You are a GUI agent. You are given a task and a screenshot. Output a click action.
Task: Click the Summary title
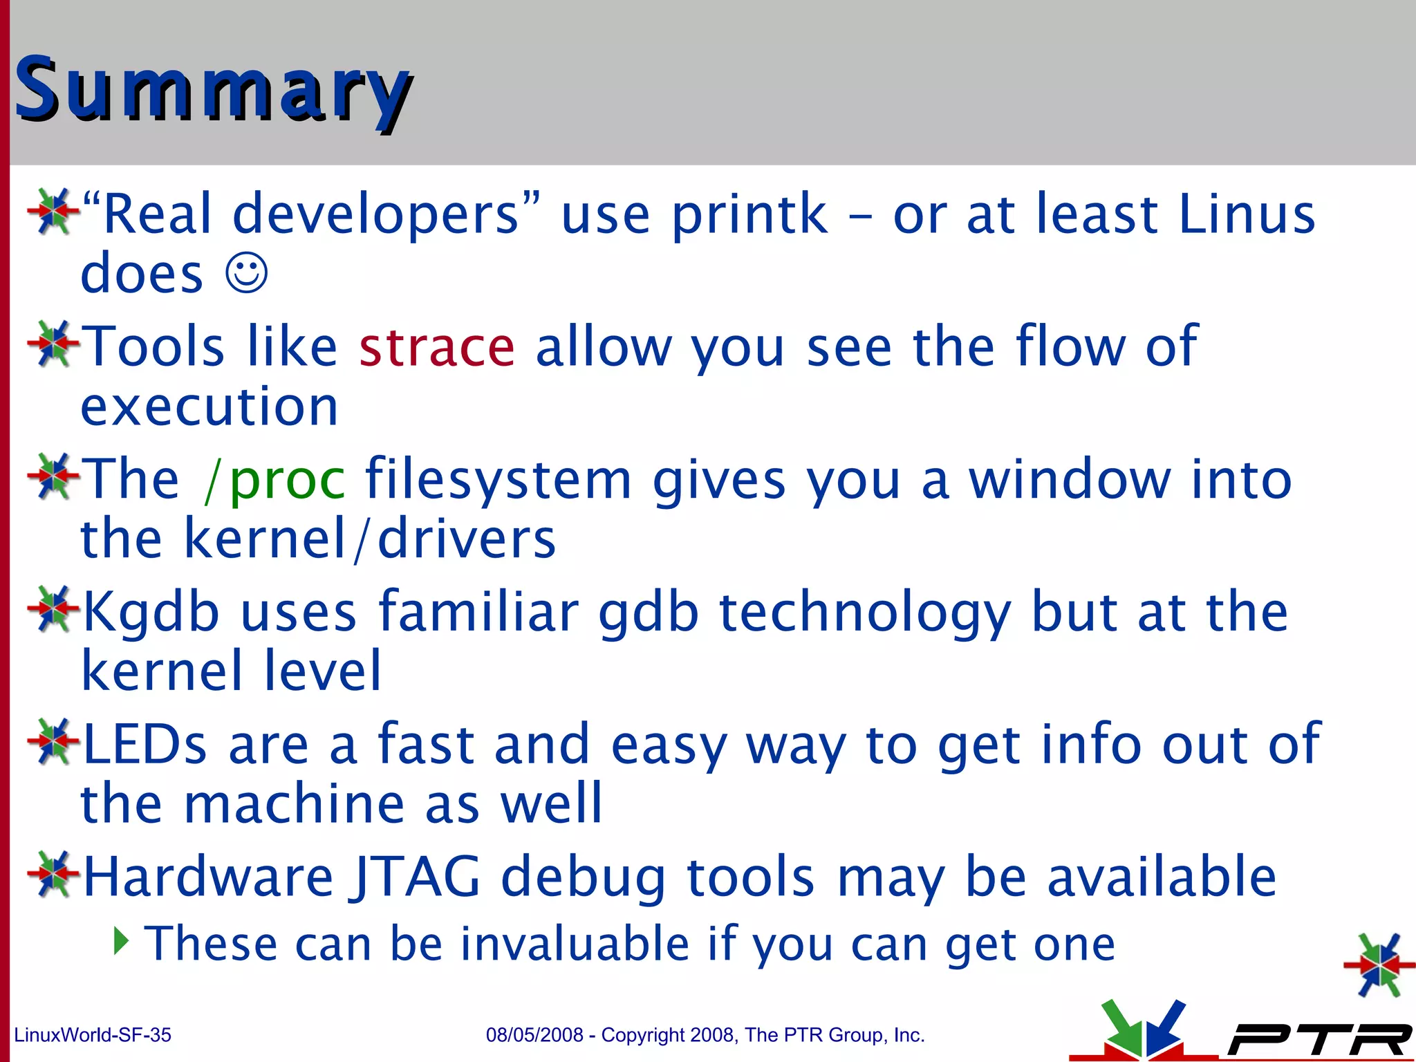213,90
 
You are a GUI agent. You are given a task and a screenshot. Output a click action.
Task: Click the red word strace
437,347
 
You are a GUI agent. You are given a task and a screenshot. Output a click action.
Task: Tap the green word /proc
274,480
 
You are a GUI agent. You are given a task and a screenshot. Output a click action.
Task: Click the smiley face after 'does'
246,274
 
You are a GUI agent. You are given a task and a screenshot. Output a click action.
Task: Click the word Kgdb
151,613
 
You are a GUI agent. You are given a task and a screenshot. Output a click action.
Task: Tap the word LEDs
145,745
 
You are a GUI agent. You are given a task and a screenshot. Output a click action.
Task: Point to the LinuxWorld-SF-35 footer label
93,1035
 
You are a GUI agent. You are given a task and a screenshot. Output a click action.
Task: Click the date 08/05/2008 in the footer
534,1035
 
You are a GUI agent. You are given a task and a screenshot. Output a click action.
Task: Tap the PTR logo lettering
1317,1039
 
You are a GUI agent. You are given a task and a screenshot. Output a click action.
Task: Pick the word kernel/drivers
370,539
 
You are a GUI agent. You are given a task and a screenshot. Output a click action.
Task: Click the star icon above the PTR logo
1379,965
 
